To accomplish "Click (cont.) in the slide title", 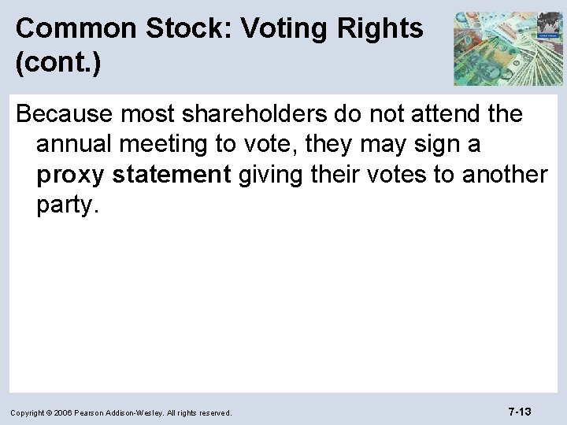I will coord(57,64).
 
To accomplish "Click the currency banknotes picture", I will coord(508,48).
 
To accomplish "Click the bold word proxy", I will coord(69,175).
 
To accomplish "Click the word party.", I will coord(66,205).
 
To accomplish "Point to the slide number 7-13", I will coord(519,411).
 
